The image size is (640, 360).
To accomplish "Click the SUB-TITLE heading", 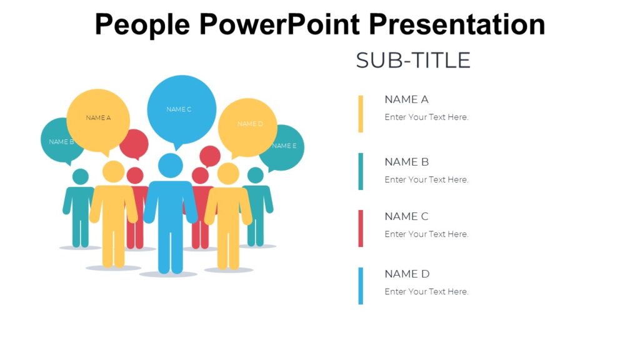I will point(413,61).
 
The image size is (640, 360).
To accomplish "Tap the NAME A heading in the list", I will point(406,99).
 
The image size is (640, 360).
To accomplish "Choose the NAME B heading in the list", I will point(406,162).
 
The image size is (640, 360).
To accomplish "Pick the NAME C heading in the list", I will point(406,217).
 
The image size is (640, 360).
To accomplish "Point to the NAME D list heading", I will point(407,274).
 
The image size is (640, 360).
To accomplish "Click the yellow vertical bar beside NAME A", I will point(361,114).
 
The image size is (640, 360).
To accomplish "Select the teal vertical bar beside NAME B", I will point(361,171).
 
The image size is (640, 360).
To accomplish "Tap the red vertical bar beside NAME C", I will point(361,228).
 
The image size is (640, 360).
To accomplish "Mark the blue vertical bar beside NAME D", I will point(361,286).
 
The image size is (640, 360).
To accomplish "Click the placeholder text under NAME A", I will point(426,117).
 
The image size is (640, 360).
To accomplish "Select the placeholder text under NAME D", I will point(426,291).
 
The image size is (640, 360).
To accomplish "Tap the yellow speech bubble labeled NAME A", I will point(98,119).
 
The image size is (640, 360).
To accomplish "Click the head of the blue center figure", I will point(170,165).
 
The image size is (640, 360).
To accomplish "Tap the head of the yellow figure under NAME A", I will point(113,171).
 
